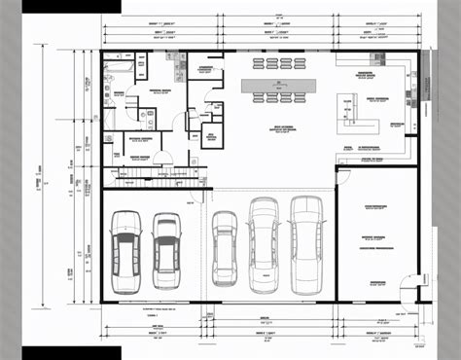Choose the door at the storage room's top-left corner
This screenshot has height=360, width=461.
tap(340, 175)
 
